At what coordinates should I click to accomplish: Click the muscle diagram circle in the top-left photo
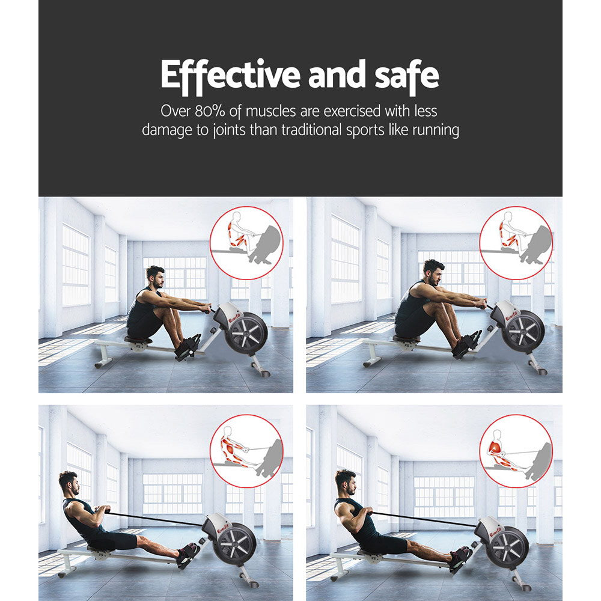pyautogui.click(x=246, y=242)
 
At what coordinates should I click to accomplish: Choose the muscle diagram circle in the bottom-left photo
pyautogui.click(x=246, y=451)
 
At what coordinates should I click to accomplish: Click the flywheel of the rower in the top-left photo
pyautogui.click(x=246, y=334)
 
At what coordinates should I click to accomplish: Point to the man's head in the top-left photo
pyautogui.click(x=156, y=277)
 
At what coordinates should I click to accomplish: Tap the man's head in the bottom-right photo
pyautogui.click(x=345, y=480)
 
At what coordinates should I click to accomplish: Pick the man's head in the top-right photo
pyautogui.click(x=433, y=271)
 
